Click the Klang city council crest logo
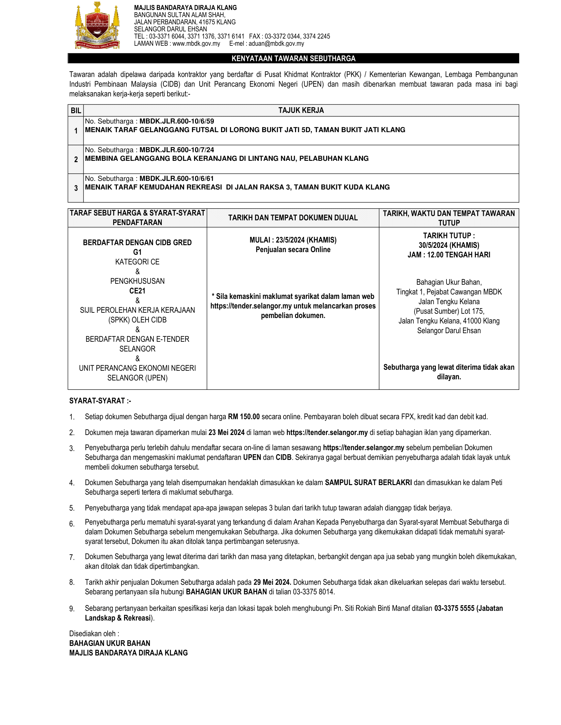point(97,26)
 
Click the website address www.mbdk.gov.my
point(196,44)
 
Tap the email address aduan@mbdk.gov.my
point(276,44)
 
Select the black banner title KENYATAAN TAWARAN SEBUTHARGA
point(293,58)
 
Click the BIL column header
point(76,110)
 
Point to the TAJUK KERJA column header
point(301,110)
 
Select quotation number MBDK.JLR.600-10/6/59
point(177,122)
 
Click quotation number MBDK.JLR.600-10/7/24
point(177,150)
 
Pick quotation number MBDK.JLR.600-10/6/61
point(177,179)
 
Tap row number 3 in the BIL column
point(76,188)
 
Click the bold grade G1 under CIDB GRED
point(137,252)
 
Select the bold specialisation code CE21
point(137,291)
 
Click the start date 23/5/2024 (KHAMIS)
point(306,240)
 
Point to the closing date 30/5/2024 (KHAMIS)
point(449,245)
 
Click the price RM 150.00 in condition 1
point(244,417)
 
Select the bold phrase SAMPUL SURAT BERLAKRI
point(368,483)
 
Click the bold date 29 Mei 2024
point(272,582)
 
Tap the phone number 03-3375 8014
point(314,592)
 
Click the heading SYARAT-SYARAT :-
point(100,401)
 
